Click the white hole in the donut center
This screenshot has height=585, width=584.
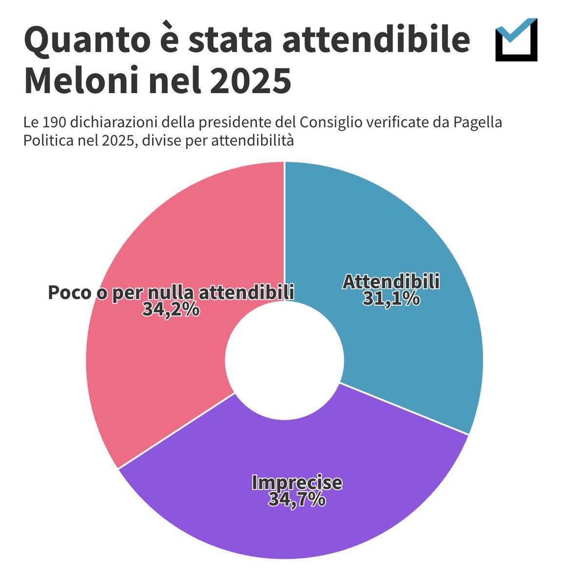click(x=285, y=360)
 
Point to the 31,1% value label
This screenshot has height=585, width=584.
click(x=391, y=298)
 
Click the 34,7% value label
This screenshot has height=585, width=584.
click(x=296, y=499)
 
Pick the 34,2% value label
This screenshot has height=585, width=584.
click(x=171, y=309)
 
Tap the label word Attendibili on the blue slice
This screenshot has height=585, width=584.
click(x=391, y=282)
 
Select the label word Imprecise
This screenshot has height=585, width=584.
click(x=296, y=482)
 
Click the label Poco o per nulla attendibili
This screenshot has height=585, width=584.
click(x=171, y=292)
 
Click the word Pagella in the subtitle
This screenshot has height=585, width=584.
click(x=477, y=122)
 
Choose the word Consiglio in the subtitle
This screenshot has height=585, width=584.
click(x=331, y=122)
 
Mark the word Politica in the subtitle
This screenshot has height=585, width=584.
click(x=45, y=140)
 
